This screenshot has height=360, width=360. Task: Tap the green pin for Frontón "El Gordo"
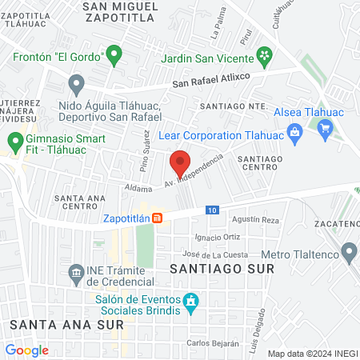[x=114, y=55]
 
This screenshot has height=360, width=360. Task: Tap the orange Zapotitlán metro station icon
[x=158, y=217]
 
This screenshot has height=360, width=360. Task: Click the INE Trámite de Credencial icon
[x=76, y=273]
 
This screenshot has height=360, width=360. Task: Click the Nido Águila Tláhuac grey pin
[x=77, y=82]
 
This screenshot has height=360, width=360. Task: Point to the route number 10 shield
[x=210, y=210]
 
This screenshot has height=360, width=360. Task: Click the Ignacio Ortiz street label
[x=217, y=237]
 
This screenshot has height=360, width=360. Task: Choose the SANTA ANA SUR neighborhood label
[x=66, y=325]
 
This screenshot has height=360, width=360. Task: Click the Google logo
[x=26, y=350]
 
